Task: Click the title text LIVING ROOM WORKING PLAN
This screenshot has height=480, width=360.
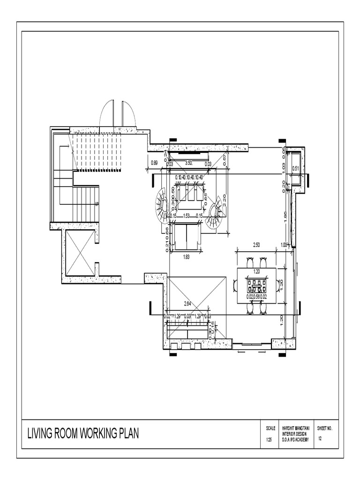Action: click(x=82, y=434)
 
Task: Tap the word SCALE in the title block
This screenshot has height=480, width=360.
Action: click(x=271, y=428)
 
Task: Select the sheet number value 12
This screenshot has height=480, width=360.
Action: click(x=320, y=439)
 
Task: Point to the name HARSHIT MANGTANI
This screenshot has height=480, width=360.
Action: click(x=296, y=428)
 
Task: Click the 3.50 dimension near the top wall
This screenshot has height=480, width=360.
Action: click(x=188, y=163)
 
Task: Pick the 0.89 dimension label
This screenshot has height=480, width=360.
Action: click(x=154, y=163)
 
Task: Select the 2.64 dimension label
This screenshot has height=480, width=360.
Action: click(x=187, y=304)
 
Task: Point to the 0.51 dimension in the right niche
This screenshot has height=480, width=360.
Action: click(x=296, y=168)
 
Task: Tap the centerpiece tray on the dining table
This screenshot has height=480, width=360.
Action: click(x=256, y=283)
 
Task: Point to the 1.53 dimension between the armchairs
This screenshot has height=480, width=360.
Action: click(x=187, y=216)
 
